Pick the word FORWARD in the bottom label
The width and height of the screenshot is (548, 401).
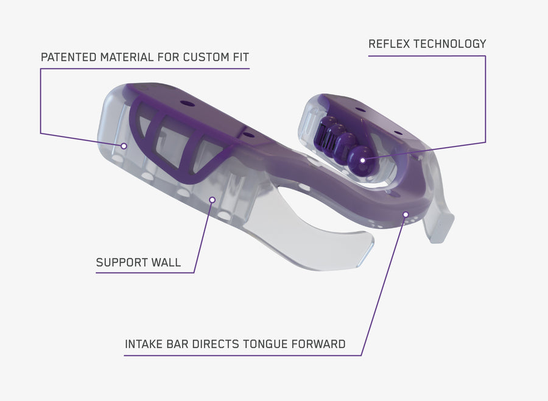318,344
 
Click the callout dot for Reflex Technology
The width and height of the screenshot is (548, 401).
363,160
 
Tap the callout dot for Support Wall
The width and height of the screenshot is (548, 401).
212,199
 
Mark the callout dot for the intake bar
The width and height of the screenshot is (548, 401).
406,214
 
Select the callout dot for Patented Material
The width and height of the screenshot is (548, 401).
124,146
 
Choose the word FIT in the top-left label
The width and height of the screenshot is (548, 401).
241,57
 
